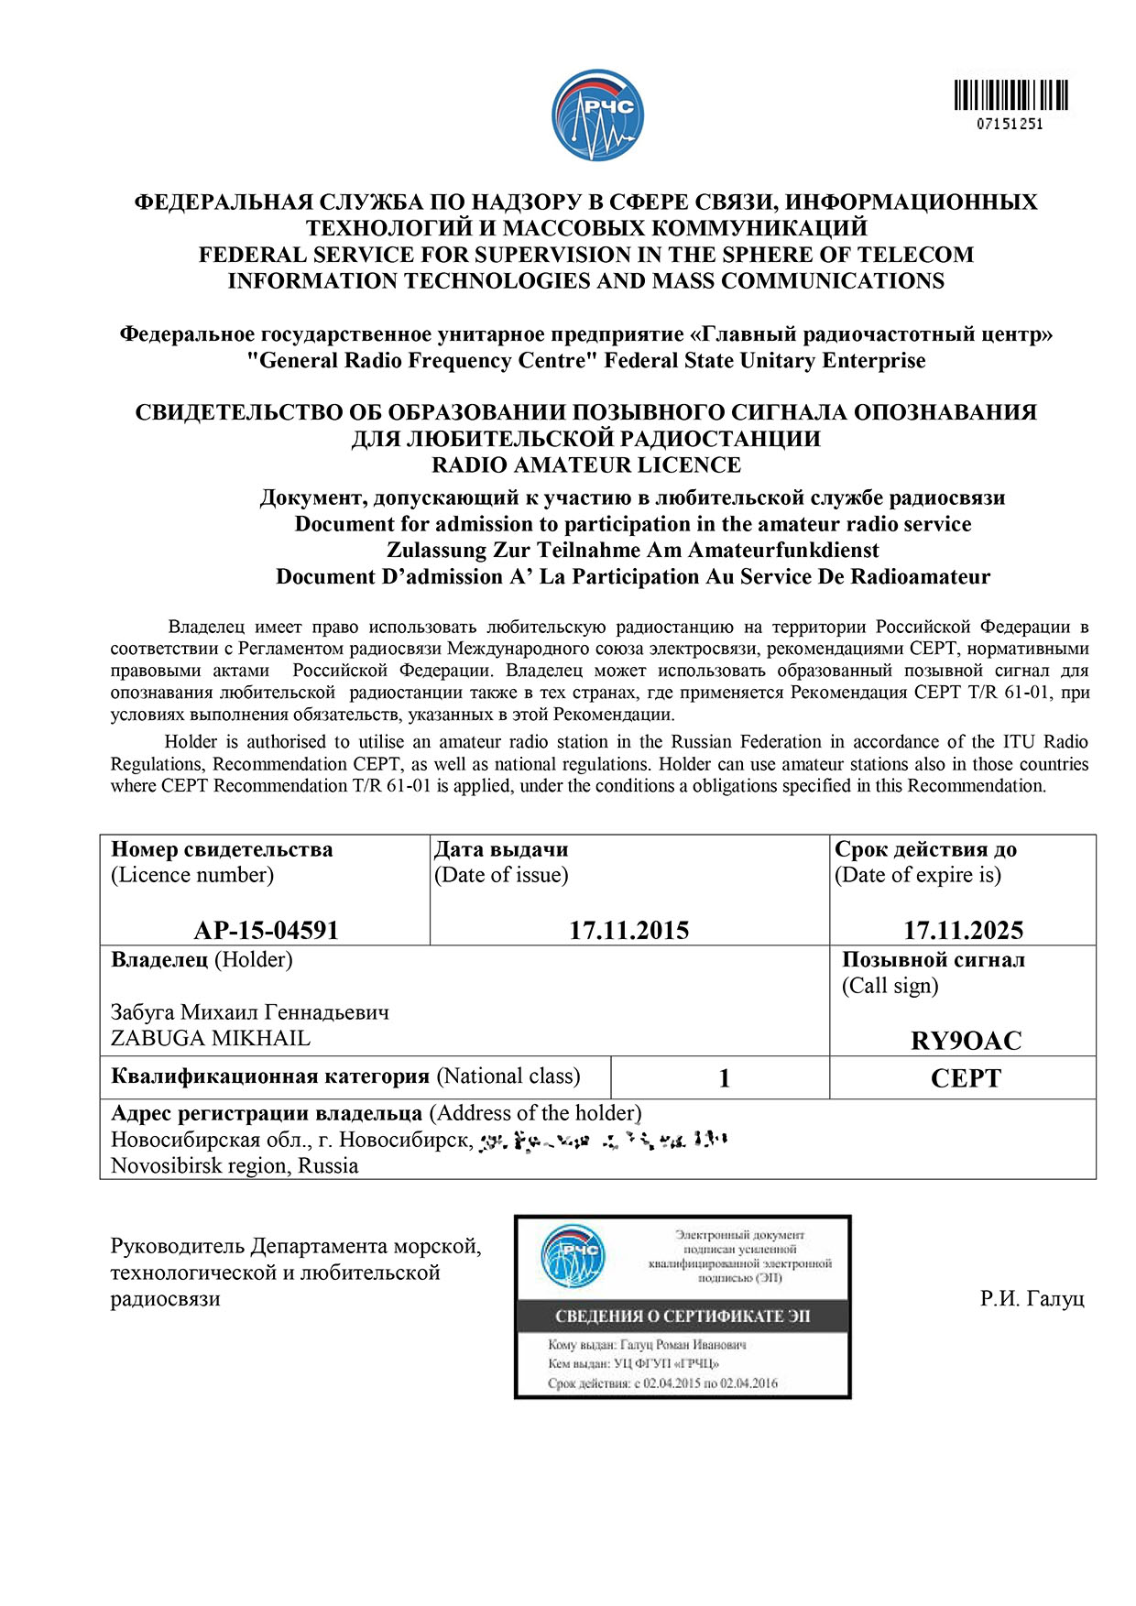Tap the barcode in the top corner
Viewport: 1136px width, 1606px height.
click(1010, 95)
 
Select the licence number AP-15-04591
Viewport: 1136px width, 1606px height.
click(266, 930)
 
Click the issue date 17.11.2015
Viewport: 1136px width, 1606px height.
click(628, 930)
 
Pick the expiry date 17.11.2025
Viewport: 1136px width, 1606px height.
click(963, 930)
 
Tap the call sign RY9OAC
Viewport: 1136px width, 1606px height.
click(966, 1040)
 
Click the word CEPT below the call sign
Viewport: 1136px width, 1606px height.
click(966, 1078)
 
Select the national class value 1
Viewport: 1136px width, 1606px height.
click(724, 1078)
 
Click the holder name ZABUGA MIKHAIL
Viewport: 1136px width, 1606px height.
click(211, 1038)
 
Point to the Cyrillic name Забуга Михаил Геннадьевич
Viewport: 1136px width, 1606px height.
click(249, 1012)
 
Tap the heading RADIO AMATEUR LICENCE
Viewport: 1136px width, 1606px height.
click(586, 464)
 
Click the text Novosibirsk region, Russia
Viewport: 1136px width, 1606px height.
click(235, 1165)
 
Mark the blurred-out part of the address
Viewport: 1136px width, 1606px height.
click(604, 1141)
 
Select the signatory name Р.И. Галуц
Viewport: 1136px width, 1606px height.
click(1032, 1298)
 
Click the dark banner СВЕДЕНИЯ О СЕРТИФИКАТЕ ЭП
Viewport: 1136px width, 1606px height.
click(683, 1316)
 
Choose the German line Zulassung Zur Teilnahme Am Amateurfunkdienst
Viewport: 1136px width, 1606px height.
click(632, 550)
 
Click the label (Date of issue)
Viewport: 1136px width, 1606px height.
click(501, 875)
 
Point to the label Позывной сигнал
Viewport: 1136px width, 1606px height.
click(933, 959)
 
